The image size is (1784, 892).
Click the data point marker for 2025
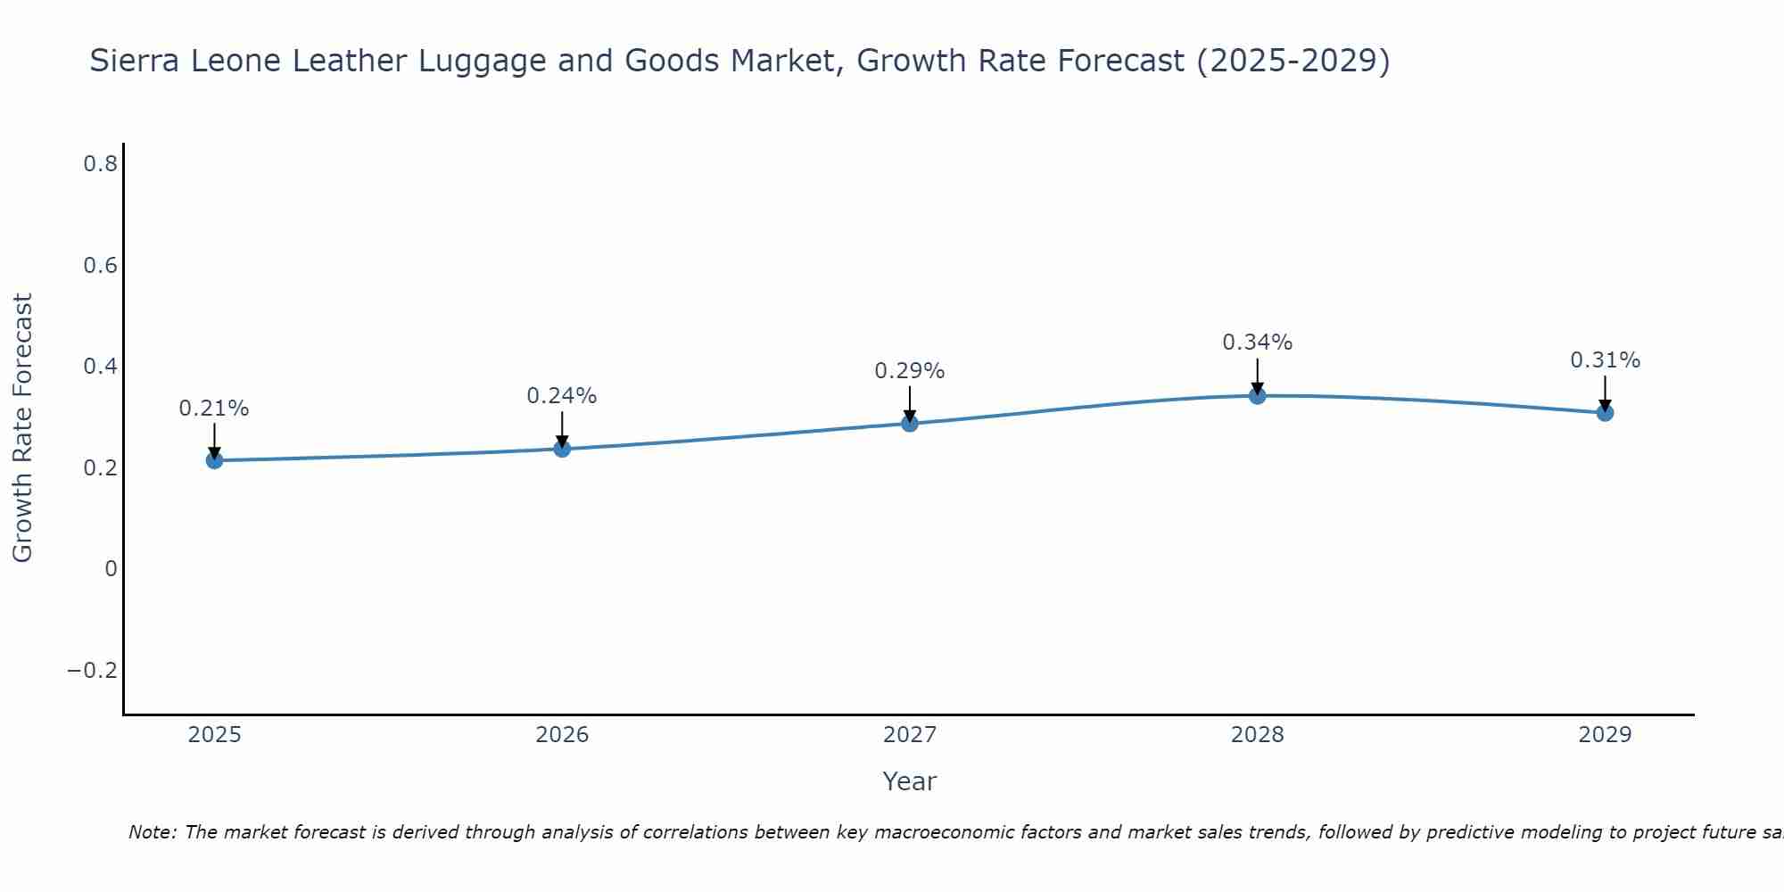pyautogui.click(x=214, y=460)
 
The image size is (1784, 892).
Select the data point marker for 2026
pyautogui.click(x=562, y=449)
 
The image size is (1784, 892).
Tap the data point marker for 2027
pyautogui.click(x=910, y=423)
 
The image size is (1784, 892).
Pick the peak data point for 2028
pyautogui.click(x=1258, y=396)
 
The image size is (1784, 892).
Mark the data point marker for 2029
pyautogui.click(x=1605, y=413)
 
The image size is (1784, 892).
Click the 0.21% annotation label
pyautogui.click(x=214, y=409)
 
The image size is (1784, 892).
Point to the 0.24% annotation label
pyautogui.click(x=562, y=396)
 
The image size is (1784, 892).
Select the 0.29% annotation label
pyautogui.click(x=910, y=371)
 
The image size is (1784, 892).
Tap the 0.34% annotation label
pyautogui.click(x=1258, y=343)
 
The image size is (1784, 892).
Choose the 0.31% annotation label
pyautogui.click(x=1605, y=360)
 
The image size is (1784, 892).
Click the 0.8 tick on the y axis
pyautogui.click(x=101, y=164)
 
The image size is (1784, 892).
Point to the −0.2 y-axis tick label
pyautogui.click(x=93, y=671)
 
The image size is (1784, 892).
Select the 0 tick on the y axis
pyautogui.click(x=111, y=569)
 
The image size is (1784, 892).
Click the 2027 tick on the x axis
pyautogui.click(x=910, y=735)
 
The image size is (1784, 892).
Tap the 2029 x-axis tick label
pyautogui.click(x=1605, y=735)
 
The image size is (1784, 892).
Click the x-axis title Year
pyautogui.click(x=910, y=781)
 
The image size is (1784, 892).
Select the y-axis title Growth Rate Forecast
pyautogui.click(x=23, y=428)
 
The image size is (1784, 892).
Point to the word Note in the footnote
pyautogui.click(x=153, y=832)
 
